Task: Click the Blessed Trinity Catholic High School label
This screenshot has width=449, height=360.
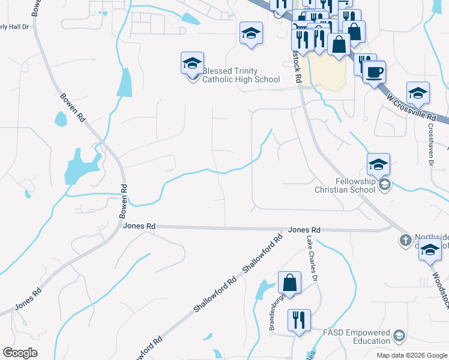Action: tap(241, 75)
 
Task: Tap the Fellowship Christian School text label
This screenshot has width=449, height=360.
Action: tap(345, 185)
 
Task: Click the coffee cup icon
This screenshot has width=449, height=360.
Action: tap(374, 72)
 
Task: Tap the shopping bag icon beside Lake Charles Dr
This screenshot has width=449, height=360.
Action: tap(289, 283)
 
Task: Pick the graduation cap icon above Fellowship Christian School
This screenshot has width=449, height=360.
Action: tap(378, 164)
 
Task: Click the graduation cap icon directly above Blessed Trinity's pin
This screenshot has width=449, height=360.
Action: tap(192, 62)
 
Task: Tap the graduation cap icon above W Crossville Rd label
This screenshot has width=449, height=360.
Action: tap(418, 92)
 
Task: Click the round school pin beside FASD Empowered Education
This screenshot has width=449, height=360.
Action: tap(398, 335)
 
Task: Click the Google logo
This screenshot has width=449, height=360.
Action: tap(20, 353)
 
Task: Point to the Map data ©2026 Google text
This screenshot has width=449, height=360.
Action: tap(411, 355)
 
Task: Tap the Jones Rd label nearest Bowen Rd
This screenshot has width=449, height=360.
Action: tap(139, 226)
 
